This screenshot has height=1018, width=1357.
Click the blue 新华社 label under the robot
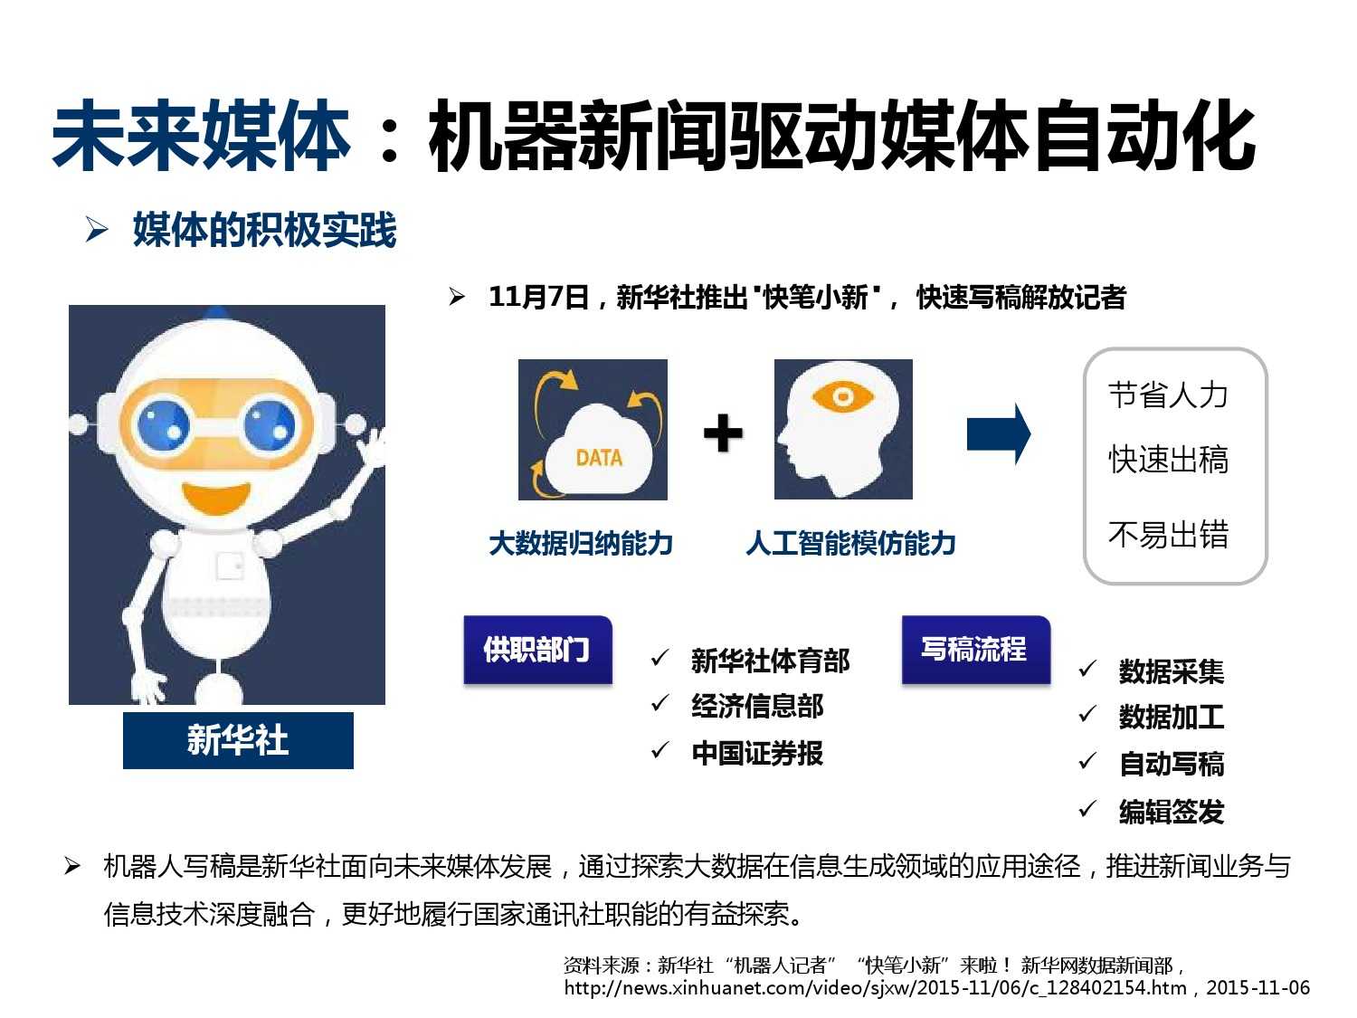tap(238, 740)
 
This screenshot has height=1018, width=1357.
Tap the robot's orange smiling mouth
tap(216, 498)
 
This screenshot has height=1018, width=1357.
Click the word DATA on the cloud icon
tap(599, 458)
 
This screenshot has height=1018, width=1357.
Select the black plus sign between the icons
tap(723, 433)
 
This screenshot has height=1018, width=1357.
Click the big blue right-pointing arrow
tap(999, 434)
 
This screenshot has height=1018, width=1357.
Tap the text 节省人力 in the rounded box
tap(1168, 395)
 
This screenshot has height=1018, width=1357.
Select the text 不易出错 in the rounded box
tap(1168, 535)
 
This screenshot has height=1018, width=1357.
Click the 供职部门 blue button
tap(538, 650)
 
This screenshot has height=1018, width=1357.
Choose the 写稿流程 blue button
tap(975, 650)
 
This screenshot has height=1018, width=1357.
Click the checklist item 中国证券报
tap(757, 754)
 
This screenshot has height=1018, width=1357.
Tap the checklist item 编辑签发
tap(1172, 812)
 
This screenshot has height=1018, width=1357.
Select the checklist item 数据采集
tap(1172, 671)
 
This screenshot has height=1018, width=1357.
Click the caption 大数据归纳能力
tap(581, 544)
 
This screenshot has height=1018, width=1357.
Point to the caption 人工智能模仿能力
tap(850, 544)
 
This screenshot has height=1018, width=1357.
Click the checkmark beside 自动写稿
tap(1087, 761)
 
